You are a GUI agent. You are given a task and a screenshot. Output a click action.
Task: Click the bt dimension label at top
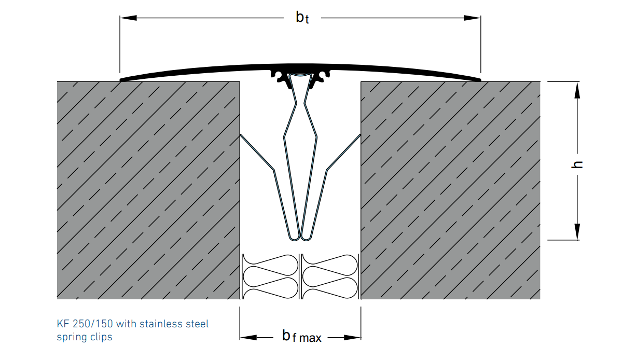click(302, 18)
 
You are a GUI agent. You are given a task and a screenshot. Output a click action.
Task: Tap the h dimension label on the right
click(578, 164)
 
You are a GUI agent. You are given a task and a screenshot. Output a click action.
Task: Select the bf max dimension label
click(301, 337)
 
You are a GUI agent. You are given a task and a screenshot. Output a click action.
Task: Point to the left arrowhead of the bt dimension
click(128, 18)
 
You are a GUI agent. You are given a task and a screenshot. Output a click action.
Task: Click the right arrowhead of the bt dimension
click(473, 18)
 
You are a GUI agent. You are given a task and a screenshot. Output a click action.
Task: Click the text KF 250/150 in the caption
click(85, 324)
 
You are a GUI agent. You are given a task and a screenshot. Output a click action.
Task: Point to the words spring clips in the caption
click(84, 337)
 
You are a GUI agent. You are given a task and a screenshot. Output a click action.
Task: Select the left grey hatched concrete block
click(148, 190)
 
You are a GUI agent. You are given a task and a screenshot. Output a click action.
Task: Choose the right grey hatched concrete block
click(450, 190)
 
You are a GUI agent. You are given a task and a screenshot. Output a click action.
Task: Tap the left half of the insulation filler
click(271, 276)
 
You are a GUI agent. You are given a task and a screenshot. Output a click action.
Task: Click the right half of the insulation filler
click(330, 276)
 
